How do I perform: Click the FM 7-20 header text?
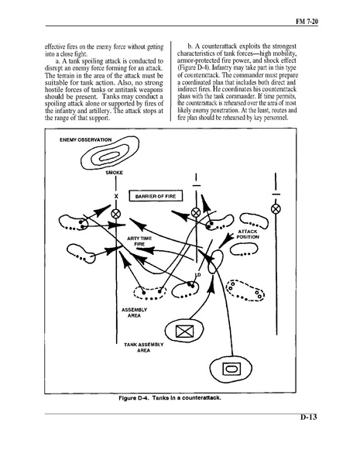[307, 22]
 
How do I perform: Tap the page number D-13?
[309, 417]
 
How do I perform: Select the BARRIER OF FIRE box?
[156, 196]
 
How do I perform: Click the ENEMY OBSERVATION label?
[86, 139]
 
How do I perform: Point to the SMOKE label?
[114, 173]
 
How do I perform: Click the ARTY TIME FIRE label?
[139, 241]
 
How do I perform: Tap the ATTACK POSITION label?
[248, 235]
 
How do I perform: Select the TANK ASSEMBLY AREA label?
[144, 347]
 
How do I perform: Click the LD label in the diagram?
[198, 275]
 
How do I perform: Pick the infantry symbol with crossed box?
[184, 331]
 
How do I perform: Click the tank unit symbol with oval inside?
[231, 369]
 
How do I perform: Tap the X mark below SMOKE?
[116, 196]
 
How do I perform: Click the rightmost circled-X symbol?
[276, 209]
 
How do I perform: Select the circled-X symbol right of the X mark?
[115, 214]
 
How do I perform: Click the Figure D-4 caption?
[170, 397]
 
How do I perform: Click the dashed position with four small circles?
[245, 290]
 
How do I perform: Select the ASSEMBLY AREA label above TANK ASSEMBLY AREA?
[134, 312]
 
